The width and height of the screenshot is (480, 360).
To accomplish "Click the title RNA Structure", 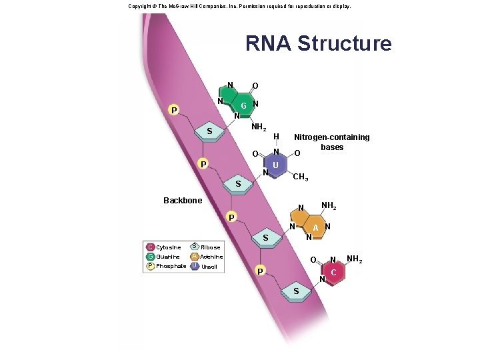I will [318, 43].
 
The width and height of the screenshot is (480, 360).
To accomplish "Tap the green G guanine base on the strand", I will [243, 106].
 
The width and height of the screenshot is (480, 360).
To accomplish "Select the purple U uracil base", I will [275, 165].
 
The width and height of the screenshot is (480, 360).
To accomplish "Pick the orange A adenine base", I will [317, 228].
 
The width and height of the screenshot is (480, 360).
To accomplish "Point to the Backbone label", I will [182, 200].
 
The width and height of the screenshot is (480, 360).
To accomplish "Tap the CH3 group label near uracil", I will [300, 177].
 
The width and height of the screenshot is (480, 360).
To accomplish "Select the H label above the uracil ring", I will [276, 137].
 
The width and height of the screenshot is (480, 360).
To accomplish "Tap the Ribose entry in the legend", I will [210, 247].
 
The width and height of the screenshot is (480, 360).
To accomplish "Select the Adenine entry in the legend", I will [211, 257].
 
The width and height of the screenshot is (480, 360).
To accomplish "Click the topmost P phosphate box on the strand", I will [173, 110].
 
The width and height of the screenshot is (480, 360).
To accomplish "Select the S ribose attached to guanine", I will [209, 131].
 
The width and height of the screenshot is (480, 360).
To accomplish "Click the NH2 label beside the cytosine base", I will [357, 259].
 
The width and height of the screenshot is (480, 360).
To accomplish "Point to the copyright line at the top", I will [230, 6].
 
